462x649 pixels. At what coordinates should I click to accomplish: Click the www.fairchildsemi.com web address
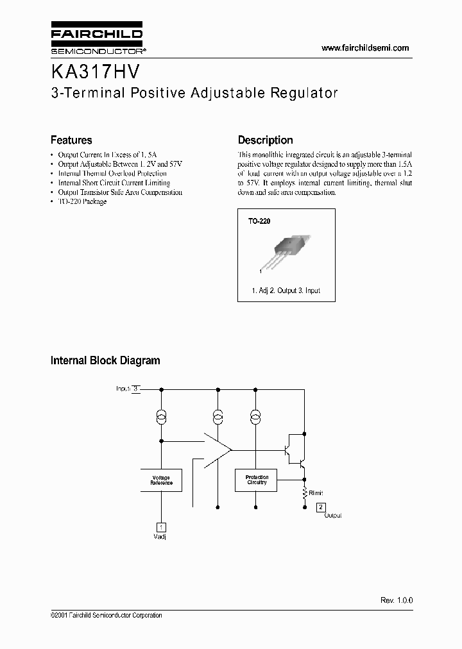[x=365, y=48]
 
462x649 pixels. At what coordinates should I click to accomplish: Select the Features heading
[x=71, y=140]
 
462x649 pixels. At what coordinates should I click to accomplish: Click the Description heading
[x=265, y=140]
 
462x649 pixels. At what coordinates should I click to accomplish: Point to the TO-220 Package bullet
[x=82, y=201]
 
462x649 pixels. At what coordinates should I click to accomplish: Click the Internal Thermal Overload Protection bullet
[x=112, y=173]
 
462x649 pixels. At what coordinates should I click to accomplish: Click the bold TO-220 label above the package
[x=260, y=221]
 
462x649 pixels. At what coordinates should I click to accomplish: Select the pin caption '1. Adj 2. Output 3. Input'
[x=286, y=291]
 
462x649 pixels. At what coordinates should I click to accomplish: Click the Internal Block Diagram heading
[x=105, y=360]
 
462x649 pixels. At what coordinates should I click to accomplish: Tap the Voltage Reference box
[x=161, y=480]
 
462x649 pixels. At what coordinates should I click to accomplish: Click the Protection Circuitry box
[x=257, y=480]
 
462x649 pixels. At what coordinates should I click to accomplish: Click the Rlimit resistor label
[x=316, y=493]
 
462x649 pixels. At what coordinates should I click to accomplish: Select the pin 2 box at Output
[x=321, y=507]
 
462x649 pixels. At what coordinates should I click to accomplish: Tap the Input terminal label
[x=123, y=389]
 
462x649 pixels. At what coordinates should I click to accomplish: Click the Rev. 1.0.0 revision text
[x=397, y=600]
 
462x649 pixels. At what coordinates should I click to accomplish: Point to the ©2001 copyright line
[x=107, y=616]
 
